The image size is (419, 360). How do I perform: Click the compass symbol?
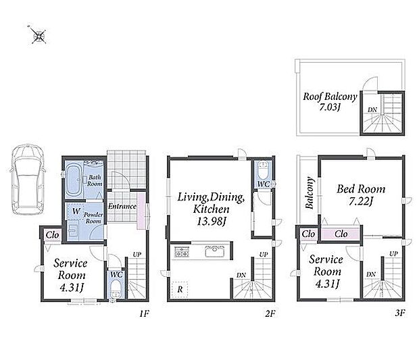[38, 35]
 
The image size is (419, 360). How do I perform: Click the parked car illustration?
[27, 179]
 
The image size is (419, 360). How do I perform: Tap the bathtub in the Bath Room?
[74, 180]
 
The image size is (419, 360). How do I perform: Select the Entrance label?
[122, 206]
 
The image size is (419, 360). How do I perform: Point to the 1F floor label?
[144, 313]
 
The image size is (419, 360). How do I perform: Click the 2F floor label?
[270, 313]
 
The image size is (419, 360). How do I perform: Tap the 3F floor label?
[400, 313]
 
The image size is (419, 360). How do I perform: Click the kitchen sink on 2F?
[214, 251]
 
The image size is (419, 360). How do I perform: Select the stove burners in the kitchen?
[182, 252]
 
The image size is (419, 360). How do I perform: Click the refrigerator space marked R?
[180, 289]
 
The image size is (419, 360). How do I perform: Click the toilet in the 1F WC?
[116, 289]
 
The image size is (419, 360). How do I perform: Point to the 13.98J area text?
[212, 222]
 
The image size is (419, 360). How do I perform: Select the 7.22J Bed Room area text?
[361, 201]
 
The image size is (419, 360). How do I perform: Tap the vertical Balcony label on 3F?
[309, 192]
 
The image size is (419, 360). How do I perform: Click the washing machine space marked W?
[76, 211]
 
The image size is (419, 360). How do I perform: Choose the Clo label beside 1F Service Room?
[52, 235]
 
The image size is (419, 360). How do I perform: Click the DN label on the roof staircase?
[372, 110]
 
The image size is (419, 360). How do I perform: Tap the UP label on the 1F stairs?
[137, 255]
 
